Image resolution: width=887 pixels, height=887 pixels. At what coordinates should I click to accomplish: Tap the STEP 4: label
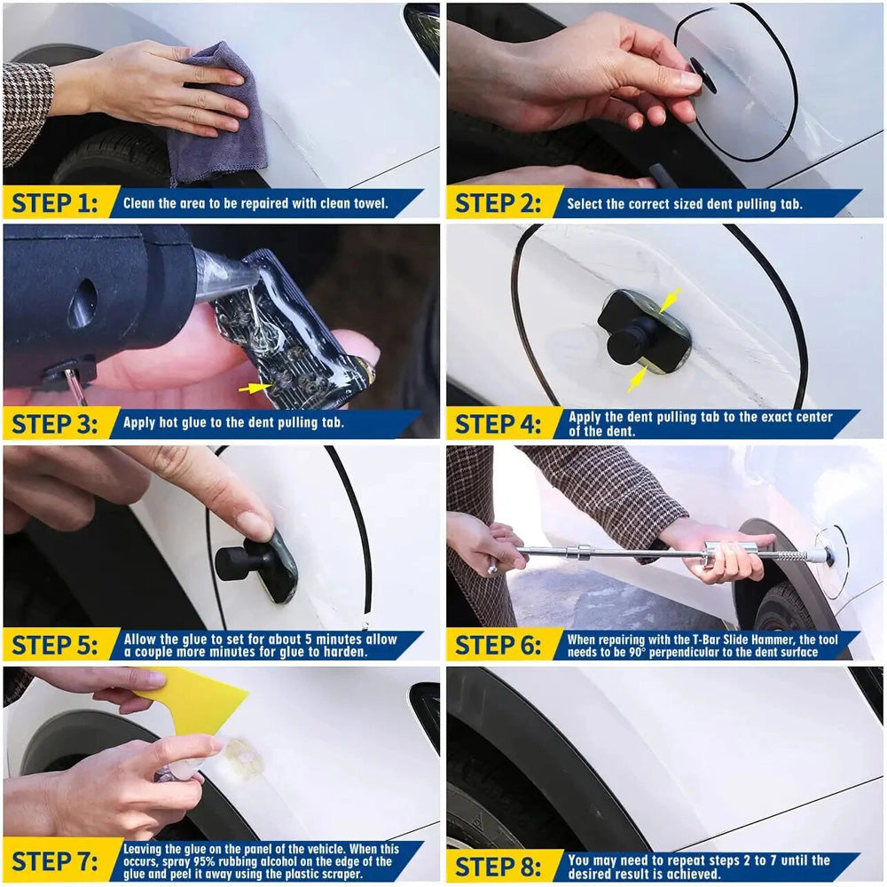pyautogui.click(x=498, y=424)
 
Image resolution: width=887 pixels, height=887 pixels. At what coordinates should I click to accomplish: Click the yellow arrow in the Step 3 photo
pyautogui.click(x=255, y=388)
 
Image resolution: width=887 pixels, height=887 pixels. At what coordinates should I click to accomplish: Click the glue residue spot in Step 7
pyautogui.click(x=241, y=758)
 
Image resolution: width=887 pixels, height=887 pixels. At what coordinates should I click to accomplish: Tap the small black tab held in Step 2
pyautogui.click(x=703, y=76)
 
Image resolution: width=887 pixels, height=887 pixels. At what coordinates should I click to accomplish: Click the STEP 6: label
pyautogui.click(x=498, y=645)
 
